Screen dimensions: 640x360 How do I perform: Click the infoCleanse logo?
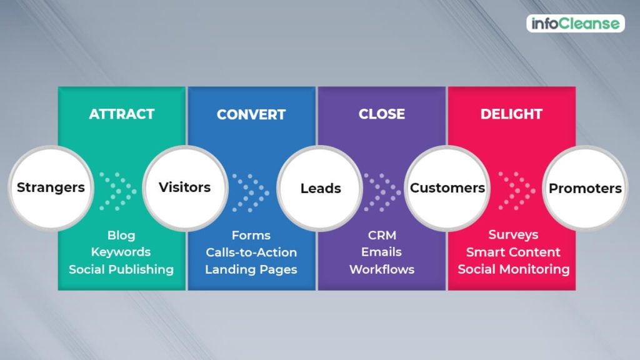pos(576,24)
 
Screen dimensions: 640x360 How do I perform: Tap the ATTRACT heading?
pos(122,114)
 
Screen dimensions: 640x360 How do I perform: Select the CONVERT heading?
pos(251,115)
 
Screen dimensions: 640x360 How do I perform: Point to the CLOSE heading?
pos(382,114)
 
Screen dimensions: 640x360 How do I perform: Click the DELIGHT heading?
pos(511,114)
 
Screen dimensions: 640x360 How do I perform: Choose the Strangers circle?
pos(51,187)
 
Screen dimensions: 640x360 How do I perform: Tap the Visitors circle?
pos(185,187)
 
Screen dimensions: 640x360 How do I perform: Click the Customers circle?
pos(447,188)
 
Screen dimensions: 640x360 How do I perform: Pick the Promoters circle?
pos(585,188)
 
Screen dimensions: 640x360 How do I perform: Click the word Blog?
pos(121,236)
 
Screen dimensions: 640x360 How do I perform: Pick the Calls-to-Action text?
pos(251,252)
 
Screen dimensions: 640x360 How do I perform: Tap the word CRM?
pos(382,236)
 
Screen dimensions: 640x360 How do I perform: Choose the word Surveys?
pos(513,235)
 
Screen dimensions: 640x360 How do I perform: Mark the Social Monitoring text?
pos(514,269)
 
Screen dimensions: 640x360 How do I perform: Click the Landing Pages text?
pos(251,270)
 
